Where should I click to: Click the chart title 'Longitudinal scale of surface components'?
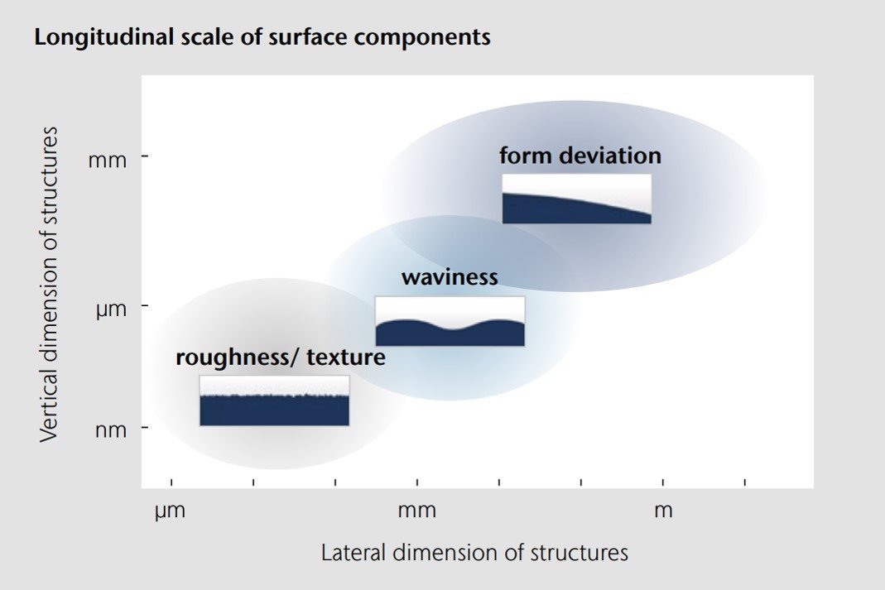262,38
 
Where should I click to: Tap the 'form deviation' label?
580,156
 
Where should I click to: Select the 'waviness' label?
450,276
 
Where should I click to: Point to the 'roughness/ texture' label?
281,357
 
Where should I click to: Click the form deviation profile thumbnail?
576,199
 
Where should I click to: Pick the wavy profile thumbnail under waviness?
450,321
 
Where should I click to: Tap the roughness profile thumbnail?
274,401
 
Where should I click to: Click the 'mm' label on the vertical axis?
108,159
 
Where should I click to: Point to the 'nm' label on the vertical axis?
108,429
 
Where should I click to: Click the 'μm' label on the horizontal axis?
171,511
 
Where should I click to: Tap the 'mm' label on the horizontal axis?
416,511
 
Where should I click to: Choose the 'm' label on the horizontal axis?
663,511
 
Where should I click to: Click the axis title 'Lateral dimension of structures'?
474,553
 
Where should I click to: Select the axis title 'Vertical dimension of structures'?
51,284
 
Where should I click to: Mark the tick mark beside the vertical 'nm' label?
145,428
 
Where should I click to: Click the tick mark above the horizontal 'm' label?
663,482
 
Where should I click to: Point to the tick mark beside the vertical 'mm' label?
145,156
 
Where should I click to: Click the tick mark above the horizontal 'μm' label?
171,482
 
